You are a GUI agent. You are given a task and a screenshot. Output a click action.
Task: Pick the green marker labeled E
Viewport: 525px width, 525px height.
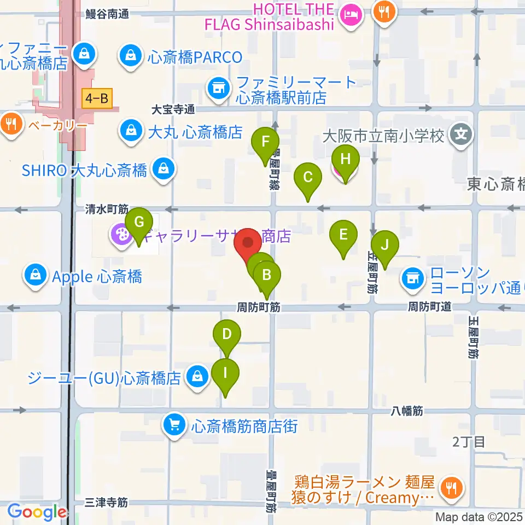pyautogui.click(x=343, y=236)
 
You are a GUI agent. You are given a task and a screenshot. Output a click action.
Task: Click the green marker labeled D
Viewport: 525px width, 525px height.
pyautogui.click(x=227, y=334)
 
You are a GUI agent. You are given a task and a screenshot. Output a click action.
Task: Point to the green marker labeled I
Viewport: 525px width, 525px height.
pyautogui.click(x=225, y=374)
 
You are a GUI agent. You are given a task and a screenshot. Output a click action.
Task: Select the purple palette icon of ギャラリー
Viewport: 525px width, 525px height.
pyautogui.click(x=119, y=236)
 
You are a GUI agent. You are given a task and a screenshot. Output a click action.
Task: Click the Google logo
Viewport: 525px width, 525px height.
pyautogui.click(x=37, y=512)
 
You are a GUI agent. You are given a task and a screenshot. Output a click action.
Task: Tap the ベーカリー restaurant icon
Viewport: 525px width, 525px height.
pyautogui.click(x=10, y=123)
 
